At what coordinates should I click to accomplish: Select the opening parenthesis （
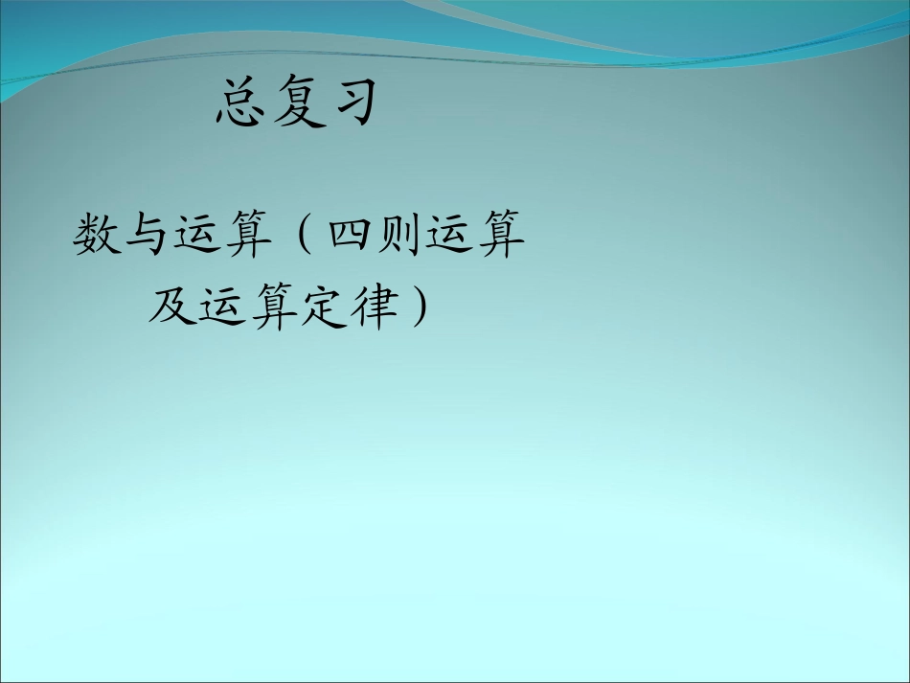point(303,236)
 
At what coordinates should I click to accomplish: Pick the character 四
point(350,236)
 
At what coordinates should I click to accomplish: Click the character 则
point(399,236)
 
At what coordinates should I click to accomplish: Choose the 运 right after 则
point(450,236)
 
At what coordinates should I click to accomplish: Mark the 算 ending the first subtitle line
point(501,236)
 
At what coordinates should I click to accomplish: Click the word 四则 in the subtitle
point(375,236)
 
